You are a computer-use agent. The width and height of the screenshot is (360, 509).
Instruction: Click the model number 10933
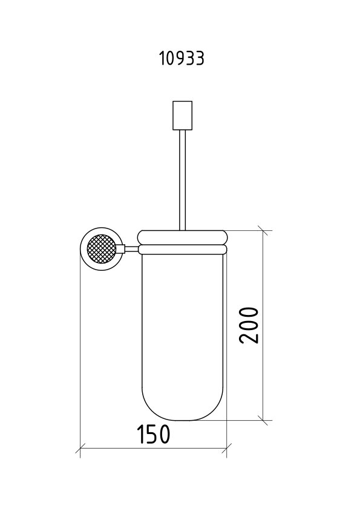point(182,59)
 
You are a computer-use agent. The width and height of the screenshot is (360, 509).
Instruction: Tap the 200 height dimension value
point(249,325)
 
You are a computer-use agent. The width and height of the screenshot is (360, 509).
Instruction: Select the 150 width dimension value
point(153,434)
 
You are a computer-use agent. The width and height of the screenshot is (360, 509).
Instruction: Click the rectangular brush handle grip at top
point(182,115)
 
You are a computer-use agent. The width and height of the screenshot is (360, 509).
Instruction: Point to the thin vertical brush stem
point(182,180)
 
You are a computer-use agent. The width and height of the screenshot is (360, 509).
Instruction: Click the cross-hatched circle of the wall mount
point(102,249)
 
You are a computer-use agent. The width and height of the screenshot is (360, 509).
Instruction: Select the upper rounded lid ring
point(182,238)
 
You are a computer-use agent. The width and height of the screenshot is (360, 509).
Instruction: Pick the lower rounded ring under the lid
point(182,249)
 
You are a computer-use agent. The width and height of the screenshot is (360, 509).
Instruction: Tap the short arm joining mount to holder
point(131,249)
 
